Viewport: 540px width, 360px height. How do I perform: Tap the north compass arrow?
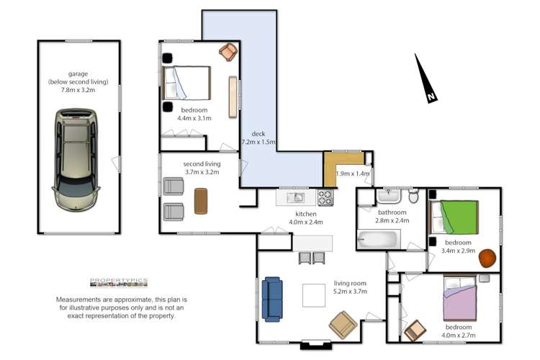(424, 78)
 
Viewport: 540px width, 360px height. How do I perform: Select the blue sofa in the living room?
(272, 298)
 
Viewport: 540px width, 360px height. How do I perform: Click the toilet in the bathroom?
(413, 196)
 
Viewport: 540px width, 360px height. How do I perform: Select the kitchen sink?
(296, 197)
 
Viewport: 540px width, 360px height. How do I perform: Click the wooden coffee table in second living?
(201, 201)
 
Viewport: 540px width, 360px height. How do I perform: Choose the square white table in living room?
(315, 296)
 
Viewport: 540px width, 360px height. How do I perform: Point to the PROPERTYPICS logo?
(118, 282)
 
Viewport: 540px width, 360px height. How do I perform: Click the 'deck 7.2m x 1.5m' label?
(259, 138)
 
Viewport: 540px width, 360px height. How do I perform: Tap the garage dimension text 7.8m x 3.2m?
(78, 90)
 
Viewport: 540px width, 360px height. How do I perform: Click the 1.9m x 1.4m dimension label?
(354, 174)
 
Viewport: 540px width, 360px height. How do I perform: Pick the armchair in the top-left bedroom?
(228, 53)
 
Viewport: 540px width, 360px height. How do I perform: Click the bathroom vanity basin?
(392, 195)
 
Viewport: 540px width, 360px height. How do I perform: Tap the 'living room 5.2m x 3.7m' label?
(351, 287)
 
